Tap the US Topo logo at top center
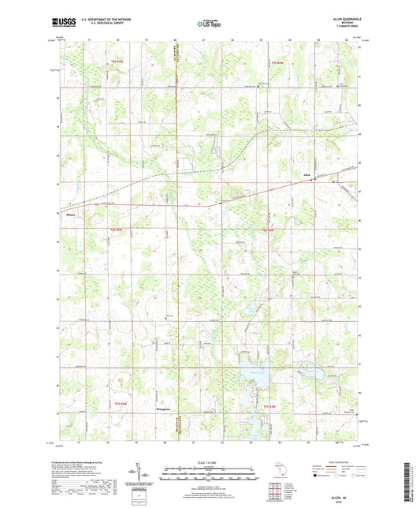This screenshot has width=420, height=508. [x=209, y=25]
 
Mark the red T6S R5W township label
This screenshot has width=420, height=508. [x=117, y=230]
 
